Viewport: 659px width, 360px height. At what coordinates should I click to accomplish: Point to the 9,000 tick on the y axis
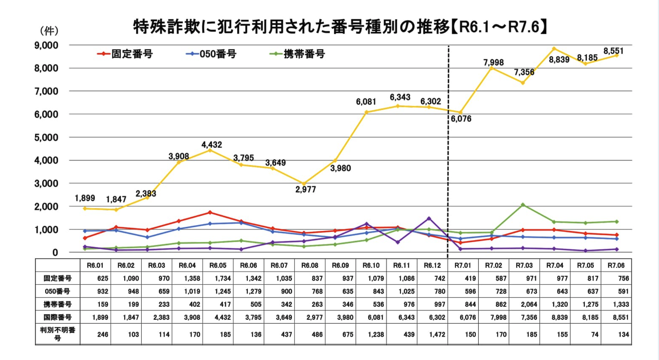(x=46, y=45)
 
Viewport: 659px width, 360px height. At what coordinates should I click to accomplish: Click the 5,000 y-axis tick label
(x=46, y=137)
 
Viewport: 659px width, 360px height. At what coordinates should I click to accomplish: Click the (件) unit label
(x=49, y=31)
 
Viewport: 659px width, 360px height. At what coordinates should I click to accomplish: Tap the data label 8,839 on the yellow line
(x=559, y=60)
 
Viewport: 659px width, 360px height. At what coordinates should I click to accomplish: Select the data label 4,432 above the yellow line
(x=212, y=145)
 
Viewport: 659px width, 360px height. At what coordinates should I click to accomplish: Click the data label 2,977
(x=305, y=189)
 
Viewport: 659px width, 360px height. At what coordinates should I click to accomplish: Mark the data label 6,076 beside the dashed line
(x=461, y=119)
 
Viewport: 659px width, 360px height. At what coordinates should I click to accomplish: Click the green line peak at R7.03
(x=523, y=205)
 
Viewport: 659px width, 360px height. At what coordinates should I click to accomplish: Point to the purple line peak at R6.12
(x=429, y=218)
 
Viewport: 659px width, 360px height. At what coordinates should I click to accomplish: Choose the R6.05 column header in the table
(x=218, y=265)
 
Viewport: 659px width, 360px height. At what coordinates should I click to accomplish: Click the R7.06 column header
(x=616, y=265)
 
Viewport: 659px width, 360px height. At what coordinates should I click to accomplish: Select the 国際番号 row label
(x=57, y=317)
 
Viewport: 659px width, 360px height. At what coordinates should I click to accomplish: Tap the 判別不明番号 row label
(x=57, y=334)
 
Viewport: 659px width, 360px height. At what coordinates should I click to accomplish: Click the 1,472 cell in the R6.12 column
(x=437, y=334)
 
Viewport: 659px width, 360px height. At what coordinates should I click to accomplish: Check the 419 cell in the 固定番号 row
(x=470, y=278)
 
